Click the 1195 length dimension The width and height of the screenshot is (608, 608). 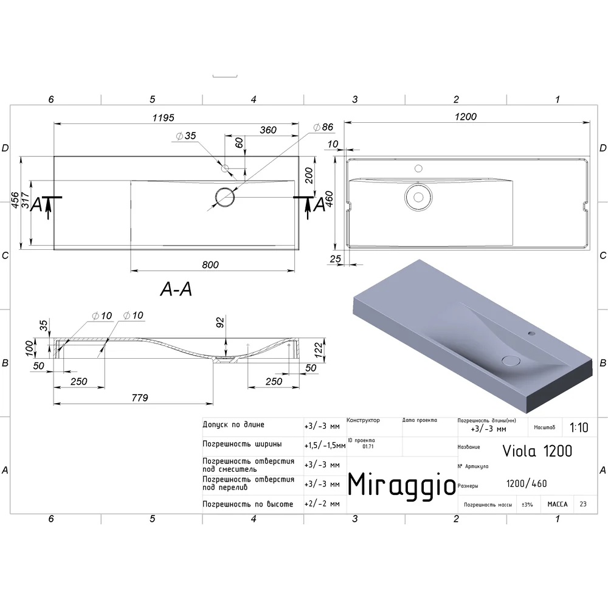(x=163, y=117)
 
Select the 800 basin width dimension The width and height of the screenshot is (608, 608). (x=210, y=265)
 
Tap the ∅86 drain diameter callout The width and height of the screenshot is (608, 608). (x=323, y=127)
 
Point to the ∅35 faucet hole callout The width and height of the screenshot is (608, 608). (x=186, y=136)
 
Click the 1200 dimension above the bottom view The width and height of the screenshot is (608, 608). (x=466, y=116)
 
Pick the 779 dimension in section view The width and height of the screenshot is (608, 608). (x=140, y=398)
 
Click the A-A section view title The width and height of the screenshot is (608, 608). (x=176, y=289)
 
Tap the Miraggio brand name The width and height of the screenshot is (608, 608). (x=402, y=485)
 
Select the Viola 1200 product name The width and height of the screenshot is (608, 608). (x=537, y=451)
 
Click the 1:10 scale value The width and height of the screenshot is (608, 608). (x=579, y=427)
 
